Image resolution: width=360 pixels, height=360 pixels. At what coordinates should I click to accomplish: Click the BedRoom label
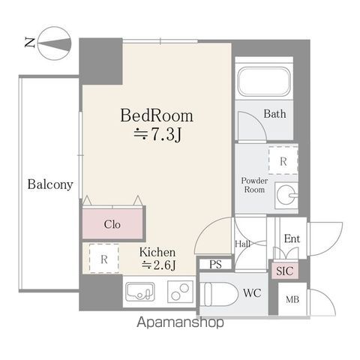(x=157, y=115)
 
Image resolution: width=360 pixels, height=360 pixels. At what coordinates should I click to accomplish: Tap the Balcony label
(x=50, y=184)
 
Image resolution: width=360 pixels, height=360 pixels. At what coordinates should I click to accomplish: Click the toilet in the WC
(x=220, y=294)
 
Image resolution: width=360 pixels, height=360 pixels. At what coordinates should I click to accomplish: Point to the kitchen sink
(x=139, y=292)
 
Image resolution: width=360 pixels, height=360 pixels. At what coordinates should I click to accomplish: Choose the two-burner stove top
(x=180, y=292)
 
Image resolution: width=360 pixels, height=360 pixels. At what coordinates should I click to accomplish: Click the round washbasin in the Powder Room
(x=286, y=195)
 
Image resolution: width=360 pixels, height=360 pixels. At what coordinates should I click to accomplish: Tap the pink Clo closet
(x=112, y=223)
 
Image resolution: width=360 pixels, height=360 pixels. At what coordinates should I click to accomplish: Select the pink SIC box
(x=285, y=271)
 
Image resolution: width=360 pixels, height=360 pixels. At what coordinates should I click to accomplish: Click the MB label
(x=292, y=299)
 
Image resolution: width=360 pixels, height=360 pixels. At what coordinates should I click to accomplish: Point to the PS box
(x=215, y=264)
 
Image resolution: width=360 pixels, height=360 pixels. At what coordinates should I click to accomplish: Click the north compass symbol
(x=54, y=43)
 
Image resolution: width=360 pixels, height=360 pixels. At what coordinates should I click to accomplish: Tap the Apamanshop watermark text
(x=180, y=322)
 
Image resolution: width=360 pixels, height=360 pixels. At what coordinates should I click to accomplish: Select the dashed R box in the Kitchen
(x=104, y=259)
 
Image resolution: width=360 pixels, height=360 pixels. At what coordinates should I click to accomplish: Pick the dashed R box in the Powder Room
(x=283, y=160)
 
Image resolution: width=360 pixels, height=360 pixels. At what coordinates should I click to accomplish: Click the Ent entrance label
(x=292, y=238)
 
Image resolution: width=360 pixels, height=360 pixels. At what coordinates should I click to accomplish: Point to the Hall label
(x=243, y=244)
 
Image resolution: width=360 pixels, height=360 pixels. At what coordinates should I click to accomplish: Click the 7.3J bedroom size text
(x=157, y=135)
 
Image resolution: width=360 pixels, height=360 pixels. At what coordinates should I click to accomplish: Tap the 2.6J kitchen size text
(x=158, y=265)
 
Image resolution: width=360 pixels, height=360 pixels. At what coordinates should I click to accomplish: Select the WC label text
(x=252, y=292)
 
